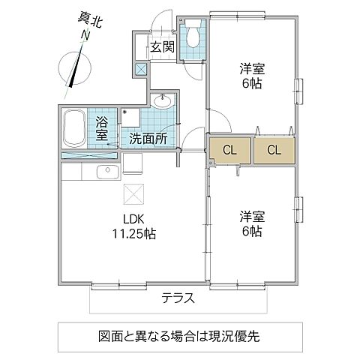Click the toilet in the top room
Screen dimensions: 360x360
point(193,34)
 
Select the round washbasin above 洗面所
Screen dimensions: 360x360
point(162,101)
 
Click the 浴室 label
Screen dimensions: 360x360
point(101,128)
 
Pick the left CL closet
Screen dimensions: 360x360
point(229,149)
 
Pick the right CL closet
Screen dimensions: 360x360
point(274,149)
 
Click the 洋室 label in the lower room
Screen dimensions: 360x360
point(252,217)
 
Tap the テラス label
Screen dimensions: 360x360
point(178,298)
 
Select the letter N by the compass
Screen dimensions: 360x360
point(85,34)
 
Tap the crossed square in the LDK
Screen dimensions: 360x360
point(133,193)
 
